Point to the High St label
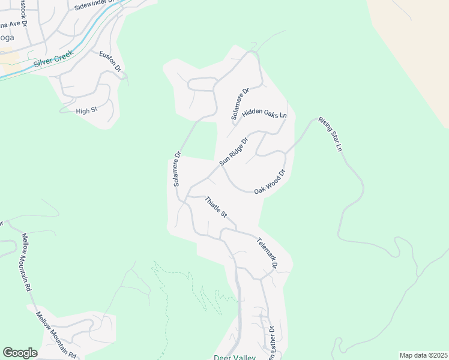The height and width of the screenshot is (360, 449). (86, 111)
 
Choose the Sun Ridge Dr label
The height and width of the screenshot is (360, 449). (234, 152)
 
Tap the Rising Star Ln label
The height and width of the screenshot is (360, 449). (330, 134)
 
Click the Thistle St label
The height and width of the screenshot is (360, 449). (215, 207)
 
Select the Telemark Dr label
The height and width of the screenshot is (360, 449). (268, 253)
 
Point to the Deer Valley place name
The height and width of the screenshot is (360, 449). (235, 358)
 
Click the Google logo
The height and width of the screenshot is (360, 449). (20, 353)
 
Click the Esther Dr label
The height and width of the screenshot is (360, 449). (271, 342)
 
